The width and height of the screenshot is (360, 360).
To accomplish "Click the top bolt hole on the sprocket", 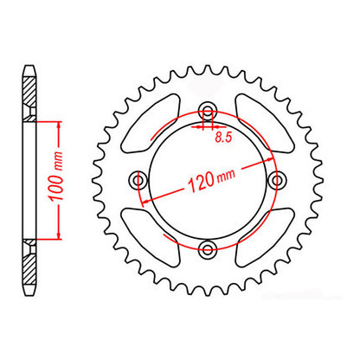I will [207, 111].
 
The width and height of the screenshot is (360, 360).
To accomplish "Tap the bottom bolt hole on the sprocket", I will [207, 250].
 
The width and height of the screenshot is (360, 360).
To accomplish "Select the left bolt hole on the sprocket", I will [138, 180].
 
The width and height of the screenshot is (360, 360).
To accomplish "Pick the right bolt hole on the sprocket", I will [277, 180].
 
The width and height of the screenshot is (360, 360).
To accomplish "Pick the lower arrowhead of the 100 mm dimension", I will [59, 236].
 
